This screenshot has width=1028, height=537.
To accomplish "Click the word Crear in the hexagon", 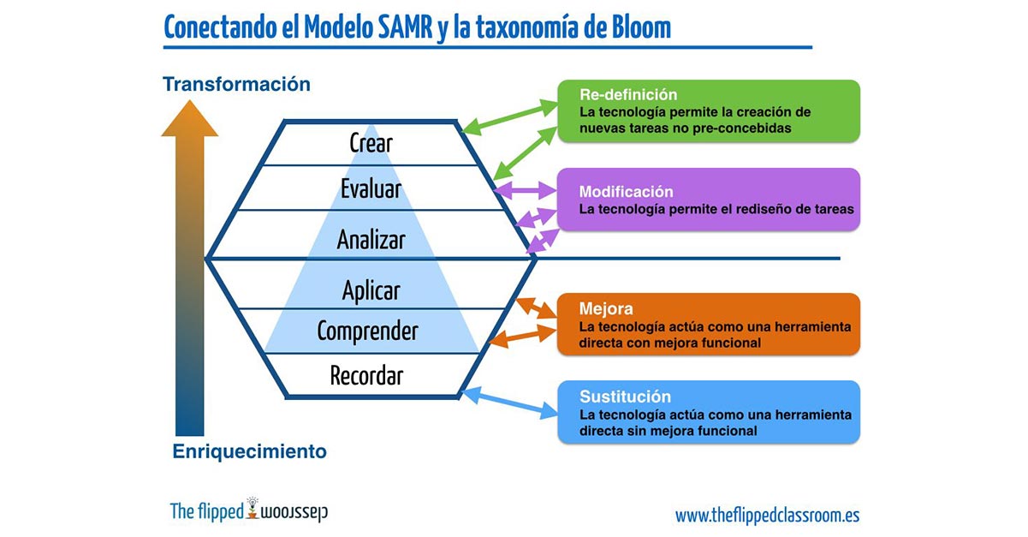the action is (371, 143).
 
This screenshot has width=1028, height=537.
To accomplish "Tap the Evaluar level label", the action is (371, 188).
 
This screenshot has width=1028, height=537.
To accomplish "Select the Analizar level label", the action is (371, 239).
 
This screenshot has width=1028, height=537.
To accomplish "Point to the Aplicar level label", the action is (371, 291).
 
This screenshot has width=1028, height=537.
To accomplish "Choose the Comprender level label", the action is (367, 331).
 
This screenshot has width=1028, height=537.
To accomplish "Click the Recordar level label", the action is (366, 375).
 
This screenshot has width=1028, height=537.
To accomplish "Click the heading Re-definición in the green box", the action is (628, 94).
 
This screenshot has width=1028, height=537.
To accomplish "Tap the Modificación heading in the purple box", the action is (626, 192).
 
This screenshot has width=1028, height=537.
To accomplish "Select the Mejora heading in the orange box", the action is (606, 308).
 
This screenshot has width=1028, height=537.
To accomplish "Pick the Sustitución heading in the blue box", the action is (625, 397).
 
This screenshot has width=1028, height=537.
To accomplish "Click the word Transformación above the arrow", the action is (236, 85).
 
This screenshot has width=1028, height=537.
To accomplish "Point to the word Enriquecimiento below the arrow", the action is (249, 451).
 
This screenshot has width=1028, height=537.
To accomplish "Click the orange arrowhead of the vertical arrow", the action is (189, 118).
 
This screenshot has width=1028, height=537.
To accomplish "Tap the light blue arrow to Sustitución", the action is (509, 403).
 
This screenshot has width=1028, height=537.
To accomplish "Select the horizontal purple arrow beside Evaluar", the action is (525, 190).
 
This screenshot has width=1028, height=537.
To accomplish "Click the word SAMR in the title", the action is (405, 27).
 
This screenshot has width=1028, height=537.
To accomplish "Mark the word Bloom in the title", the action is (642, 27).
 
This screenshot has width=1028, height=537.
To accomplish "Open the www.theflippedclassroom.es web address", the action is (767, 516).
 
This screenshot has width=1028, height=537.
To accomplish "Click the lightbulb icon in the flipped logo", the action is (252, 508).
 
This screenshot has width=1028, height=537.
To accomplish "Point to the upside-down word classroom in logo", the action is (294, 512).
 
